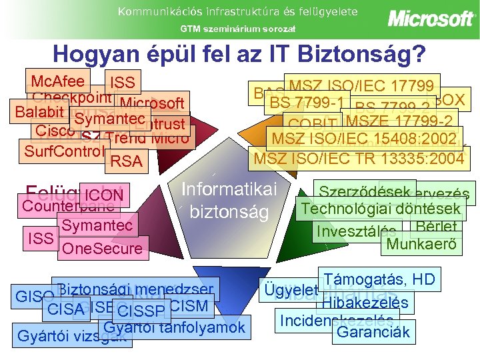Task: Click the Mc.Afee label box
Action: pos(57,81)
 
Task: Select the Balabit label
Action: pos(32,110)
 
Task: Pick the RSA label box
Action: pos(126,161)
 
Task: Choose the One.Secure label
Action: pos(101,249)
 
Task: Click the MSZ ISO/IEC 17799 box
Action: pos(364,85)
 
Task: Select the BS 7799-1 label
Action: pos(307,103)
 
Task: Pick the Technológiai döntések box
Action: pos(381,209)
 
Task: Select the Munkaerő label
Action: pos(423,244)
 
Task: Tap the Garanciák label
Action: pos(373,331)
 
